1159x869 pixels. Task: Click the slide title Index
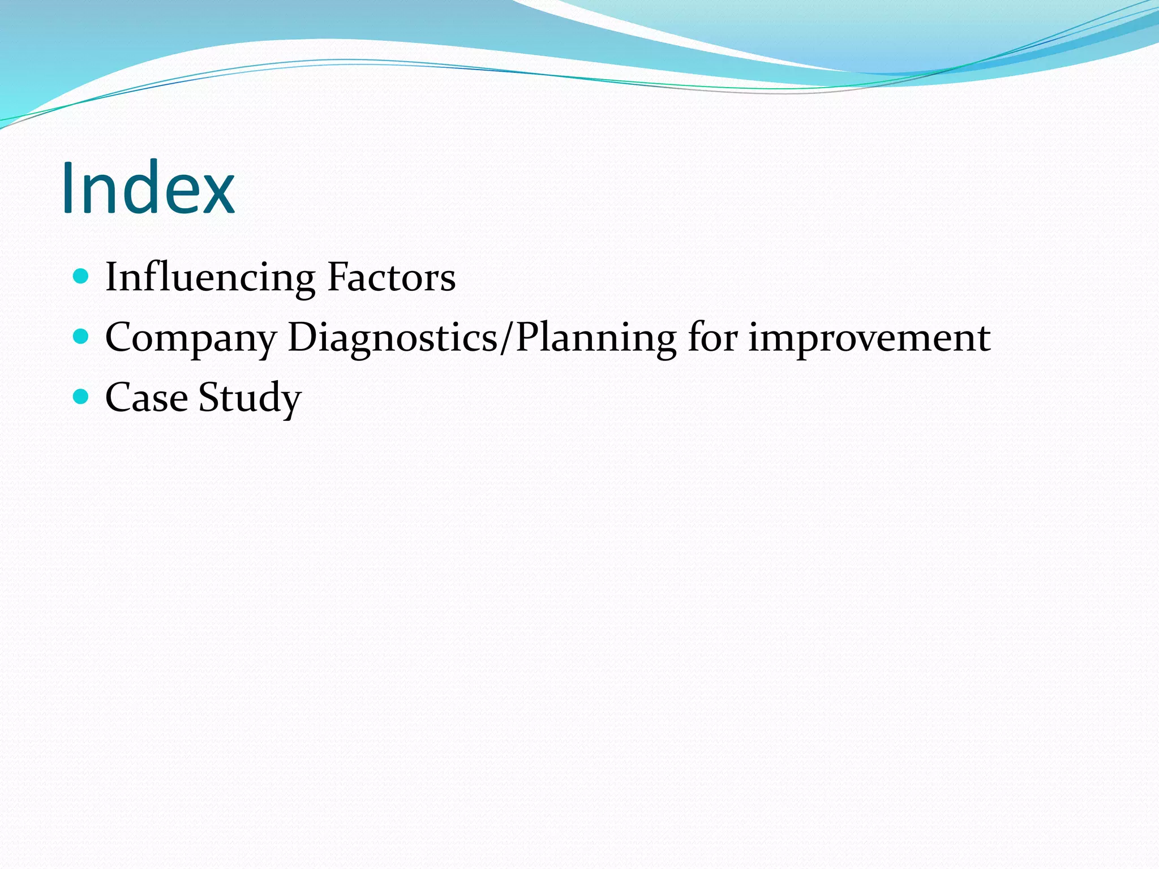148,188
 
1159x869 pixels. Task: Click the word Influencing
210,277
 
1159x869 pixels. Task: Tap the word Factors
391,277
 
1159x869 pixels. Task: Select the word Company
191,338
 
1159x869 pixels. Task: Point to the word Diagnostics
392,338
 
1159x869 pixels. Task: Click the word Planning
596,338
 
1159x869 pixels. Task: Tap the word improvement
869,338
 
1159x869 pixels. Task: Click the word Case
147,397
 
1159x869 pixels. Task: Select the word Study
250,398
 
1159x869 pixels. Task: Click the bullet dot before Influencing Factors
81,277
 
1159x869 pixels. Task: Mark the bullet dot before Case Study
81,397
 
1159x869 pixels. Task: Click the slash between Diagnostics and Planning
507,338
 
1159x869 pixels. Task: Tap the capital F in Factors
338,277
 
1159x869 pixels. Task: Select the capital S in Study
209,397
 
